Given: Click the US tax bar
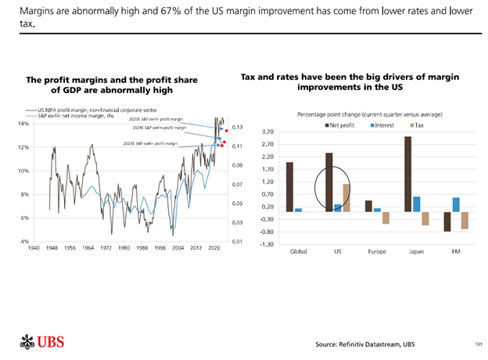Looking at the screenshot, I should (346, 198).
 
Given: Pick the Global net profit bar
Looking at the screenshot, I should (289, 186).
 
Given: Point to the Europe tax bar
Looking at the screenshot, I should (386, 218).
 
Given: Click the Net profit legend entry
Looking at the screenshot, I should (339, 124).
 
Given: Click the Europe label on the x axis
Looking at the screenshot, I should (377, 252).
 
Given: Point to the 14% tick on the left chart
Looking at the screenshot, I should (23, 124).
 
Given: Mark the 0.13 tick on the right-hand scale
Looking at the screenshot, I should (238, 128).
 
